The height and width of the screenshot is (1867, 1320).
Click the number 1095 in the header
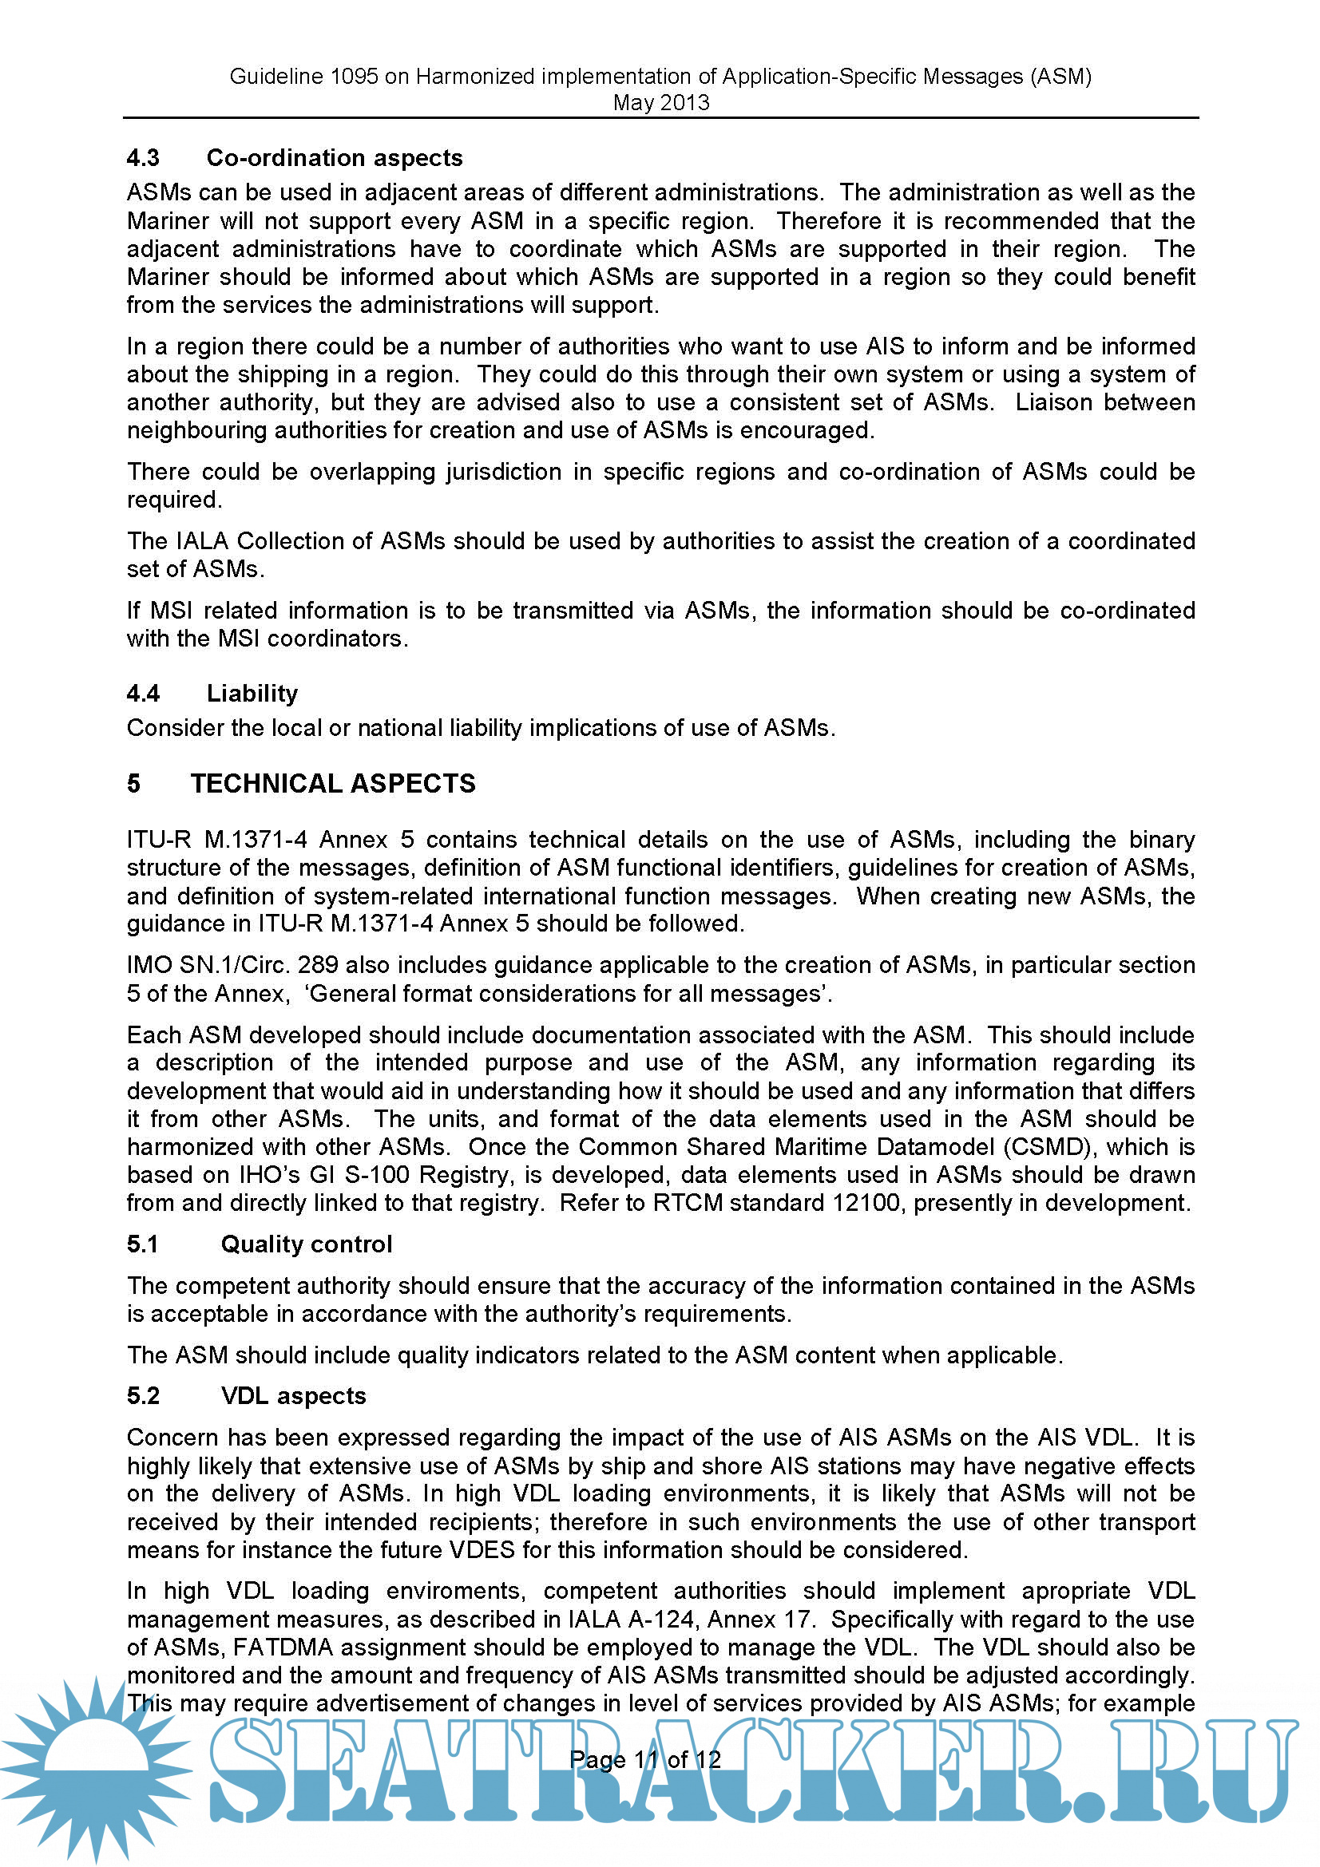click(x=355, y=77)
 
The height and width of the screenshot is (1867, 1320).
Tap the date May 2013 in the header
click(x=660, y=103)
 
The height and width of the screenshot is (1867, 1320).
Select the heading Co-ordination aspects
click(x=335, y=158)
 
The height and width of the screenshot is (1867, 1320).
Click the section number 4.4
click(x=143, y=693)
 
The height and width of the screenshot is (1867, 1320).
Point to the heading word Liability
click(x=252, y=693)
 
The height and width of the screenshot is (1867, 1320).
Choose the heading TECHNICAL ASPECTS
click(x=333, y=783)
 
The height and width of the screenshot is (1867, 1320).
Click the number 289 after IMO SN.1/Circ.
click(x=319, y=964)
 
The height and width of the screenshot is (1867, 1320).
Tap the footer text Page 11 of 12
click(x=644, y=1760)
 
